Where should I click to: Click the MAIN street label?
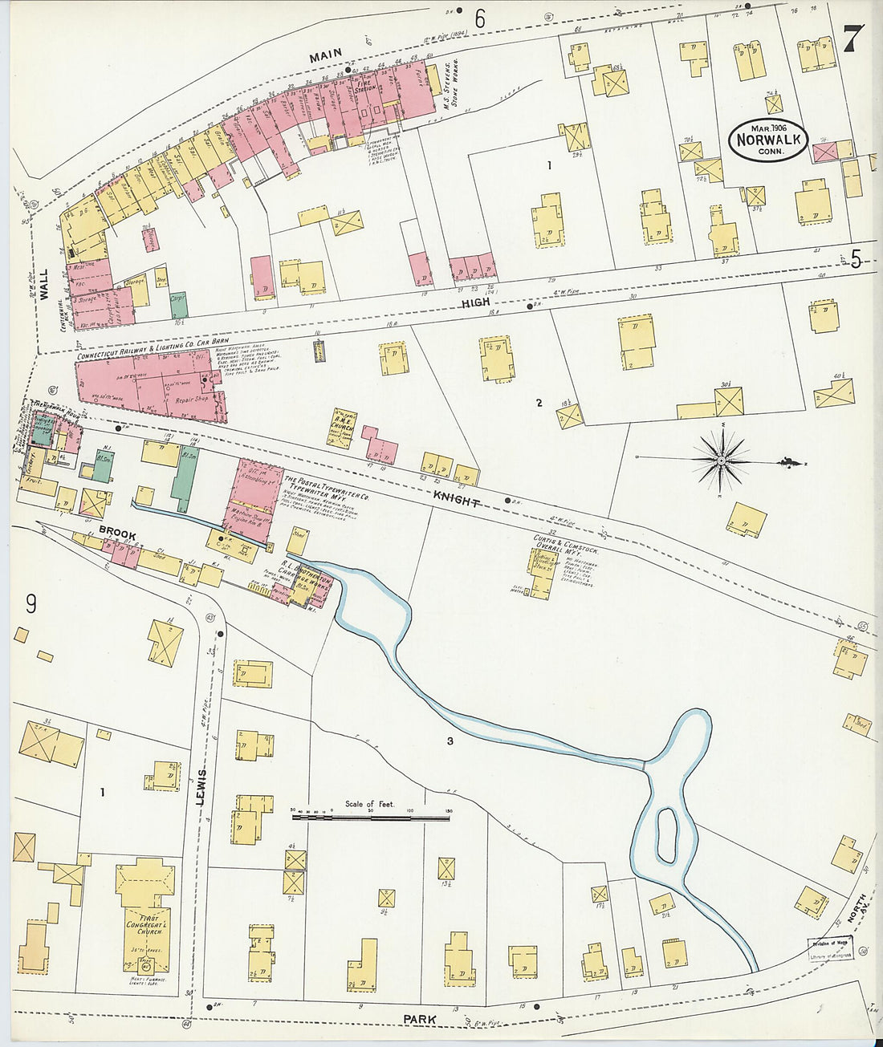[x=325, y=54]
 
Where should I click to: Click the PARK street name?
[x=420, y=1020]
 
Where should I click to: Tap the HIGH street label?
[x=474, y=303]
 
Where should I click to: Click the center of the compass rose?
[x=721, y=460]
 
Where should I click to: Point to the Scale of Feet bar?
[x=370, y=818]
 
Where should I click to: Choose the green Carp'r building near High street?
[x=178, y=303]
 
